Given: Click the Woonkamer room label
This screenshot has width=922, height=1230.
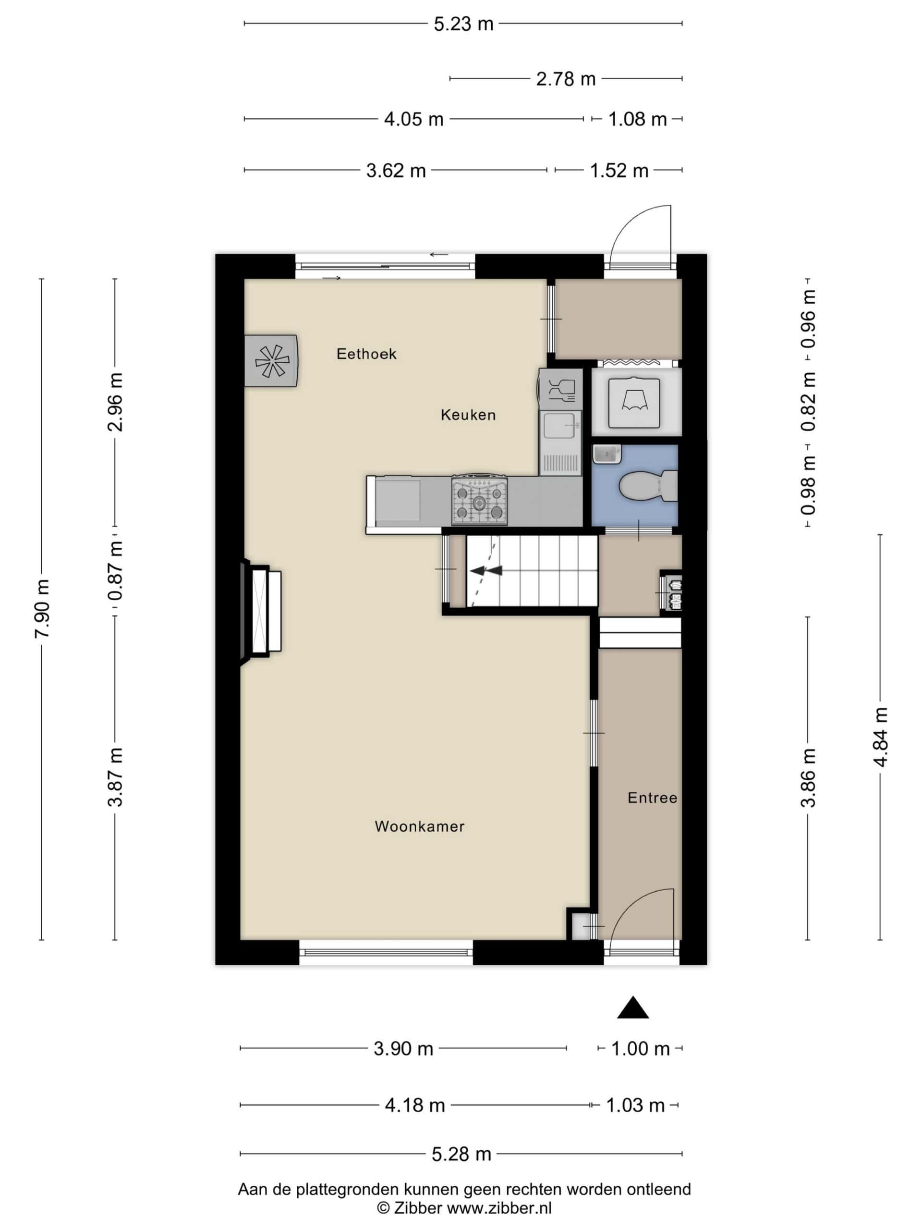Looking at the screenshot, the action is tap(419, 826).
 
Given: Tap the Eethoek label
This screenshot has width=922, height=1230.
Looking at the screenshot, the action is tap(366, 354).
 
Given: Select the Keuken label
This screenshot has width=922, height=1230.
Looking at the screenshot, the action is tap(468, 415).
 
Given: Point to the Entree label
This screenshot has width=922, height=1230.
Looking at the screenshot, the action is tap(652, 798).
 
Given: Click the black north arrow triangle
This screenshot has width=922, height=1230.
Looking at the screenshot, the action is tap(632, 1007).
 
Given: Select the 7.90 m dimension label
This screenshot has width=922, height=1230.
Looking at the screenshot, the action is tap(43, 608).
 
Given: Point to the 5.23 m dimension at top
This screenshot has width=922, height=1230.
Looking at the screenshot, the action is tap(463, 24).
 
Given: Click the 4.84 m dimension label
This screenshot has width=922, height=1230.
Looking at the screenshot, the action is tap(880, 737).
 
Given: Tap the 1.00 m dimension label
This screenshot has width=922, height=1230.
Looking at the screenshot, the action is tap(640, 1049).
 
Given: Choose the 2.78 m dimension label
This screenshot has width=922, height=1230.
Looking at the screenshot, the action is tap(566, 79).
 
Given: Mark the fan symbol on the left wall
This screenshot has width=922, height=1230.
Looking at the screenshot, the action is tap(272, 361).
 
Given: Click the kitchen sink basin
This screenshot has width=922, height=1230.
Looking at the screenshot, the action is tap(560, 426).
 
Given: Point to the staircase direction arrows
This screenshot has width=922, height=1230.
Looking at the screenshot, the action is tap(486, 570).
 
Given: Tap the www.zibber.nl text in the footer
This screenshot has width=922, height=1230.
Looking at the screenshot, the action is tap(499, 1208).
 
